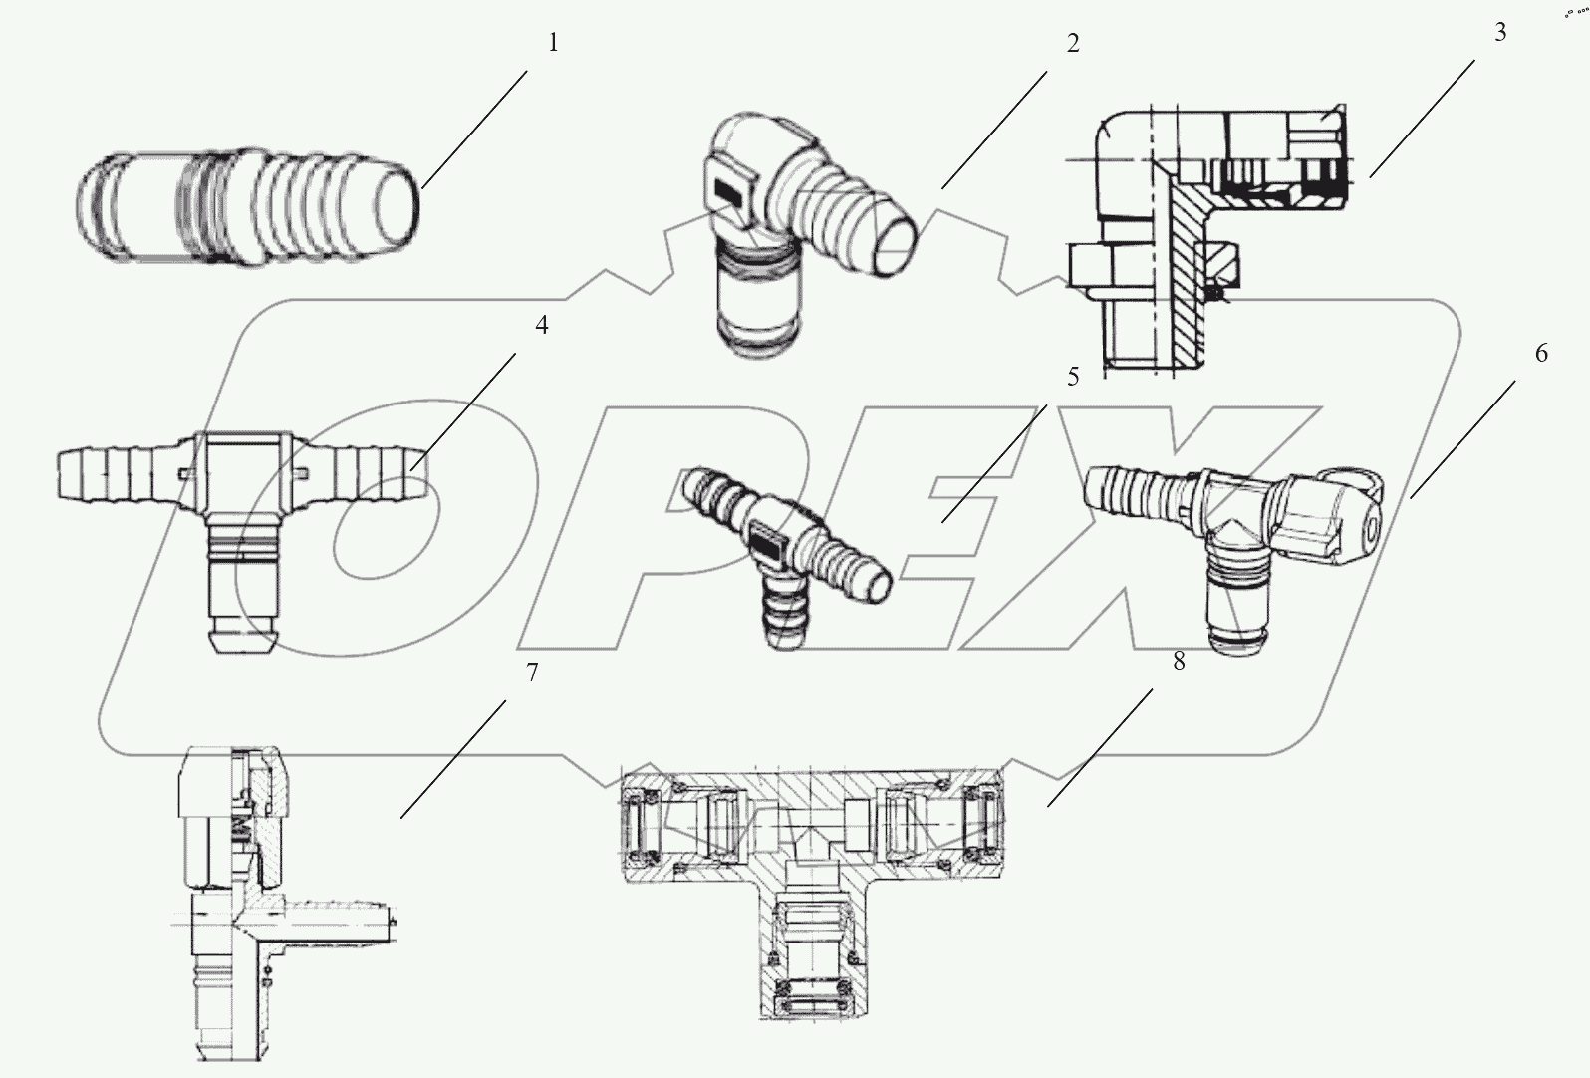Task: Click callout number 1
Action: tap(553, 43)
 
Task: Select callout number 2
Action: tap(1072, 43)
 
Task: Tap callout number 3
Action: tap(1500, 32)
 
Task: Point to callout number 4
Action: tap(541, 325)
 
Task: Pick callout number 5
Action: tap(1072, 377)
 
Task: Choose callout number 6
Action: tap(1541, 353)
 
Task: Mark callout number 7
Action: tap(531, 673)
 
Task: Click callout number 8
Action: tap(1179, 660)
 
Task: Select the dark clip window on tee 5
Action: tap(767, 544)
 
